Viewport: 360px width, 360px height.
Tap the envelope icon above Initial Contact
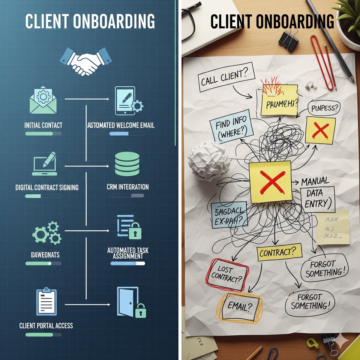tap(43, 100)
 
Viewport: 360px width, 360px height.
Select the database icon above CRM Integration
tap(127, 164)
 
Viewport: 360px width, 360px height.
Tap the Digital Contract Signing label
tap(47, 187)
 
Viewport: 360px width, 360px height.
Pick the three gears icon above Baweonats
tap(46, 232)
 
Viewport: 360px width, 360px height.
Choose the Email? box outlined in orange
tap(240, 306)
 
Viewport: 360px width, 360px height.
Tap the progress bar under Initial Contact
tap(43, 133)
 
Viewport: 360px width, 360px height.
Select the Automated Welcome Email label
tap(121, 125)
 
